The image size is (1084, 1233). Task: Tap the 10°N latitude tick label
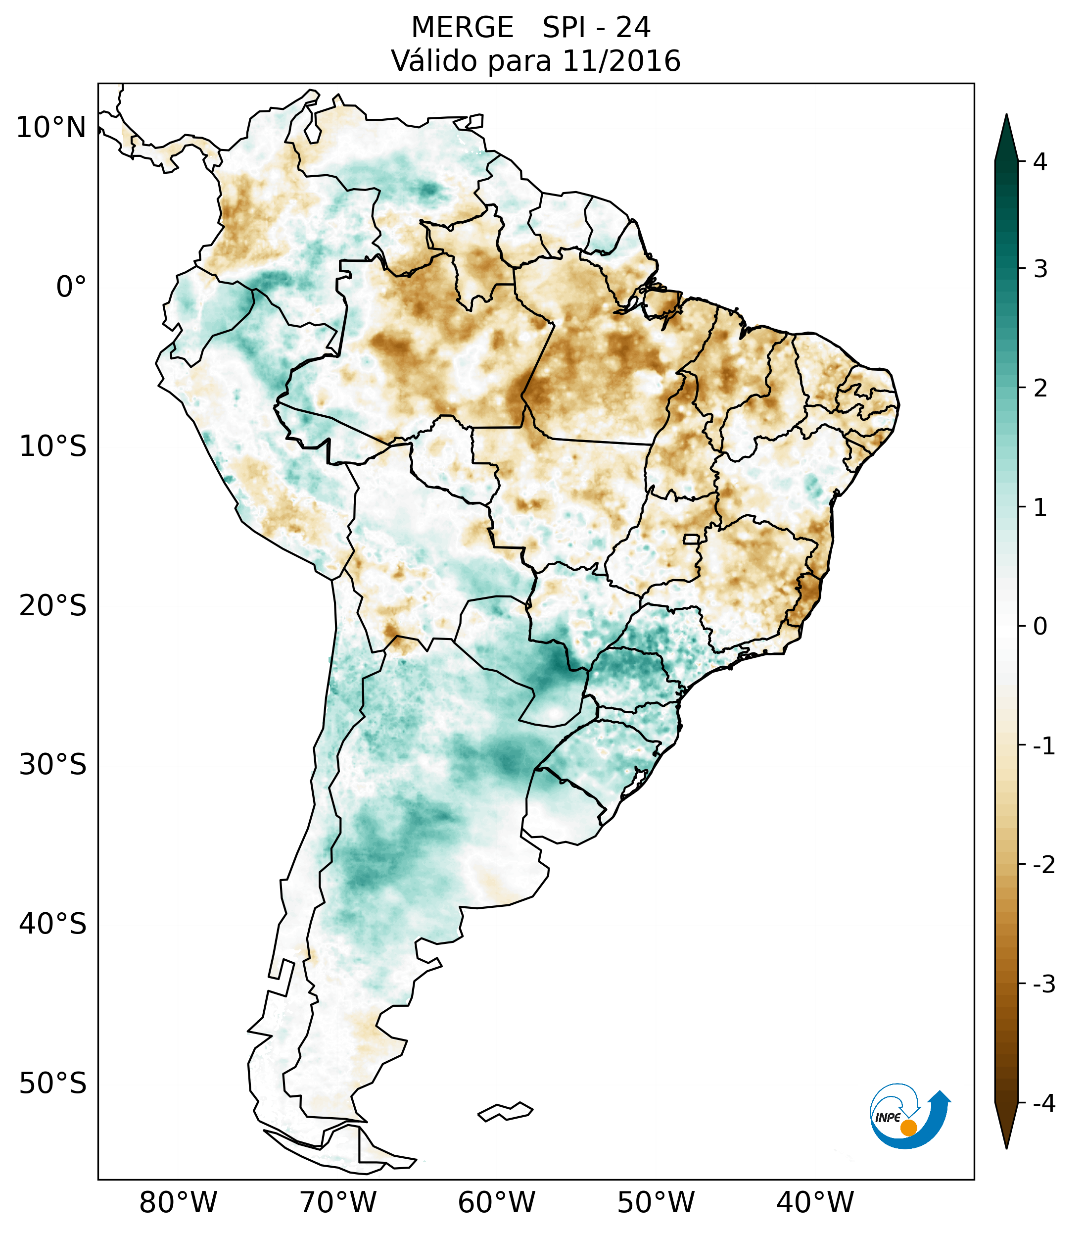tap(51, 128)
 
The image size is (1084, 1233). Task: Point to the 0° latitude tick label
tap(71, 287)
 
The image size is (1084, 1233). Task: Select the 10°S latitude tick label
tap(53, 446)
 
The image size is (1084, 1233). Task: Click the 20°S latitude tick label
tap(53, 606)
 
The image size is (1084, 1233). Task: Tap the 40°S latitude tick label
tap(53, 924)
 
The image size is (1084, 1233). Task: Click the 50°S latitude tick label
tap(53, 1084)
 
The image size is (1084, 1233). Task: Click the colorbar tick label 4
tap(1040, 162)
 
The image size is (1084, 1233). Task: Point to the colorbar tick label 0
tap(1040, 627)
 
